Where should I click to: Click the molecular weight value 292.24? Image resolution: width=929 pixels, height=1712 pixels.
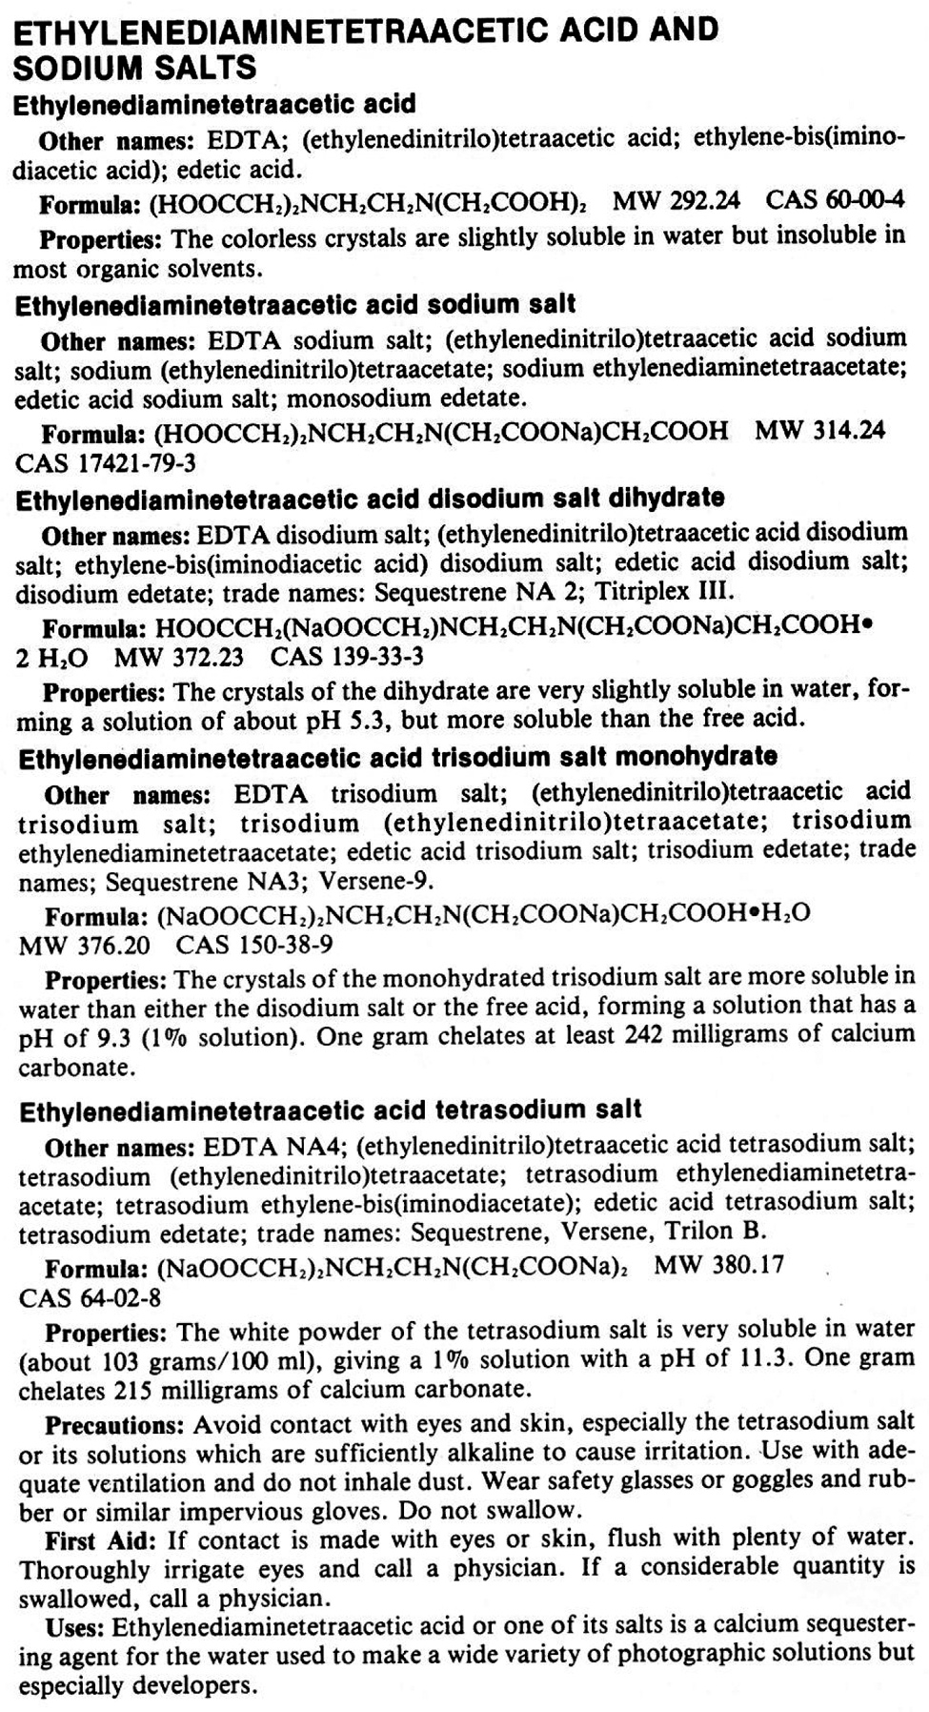point(705,202)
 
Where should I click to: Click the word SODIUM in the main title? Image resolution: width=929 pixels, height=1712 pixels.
point(73,67)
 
